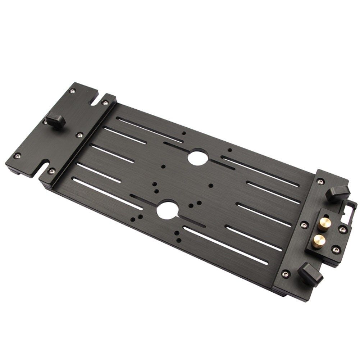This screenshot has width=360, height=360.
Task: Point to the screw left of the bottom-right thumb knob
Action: click(286, 273)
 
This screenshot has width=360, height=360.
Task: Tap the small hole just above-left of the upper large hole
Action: click(184, 133)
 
